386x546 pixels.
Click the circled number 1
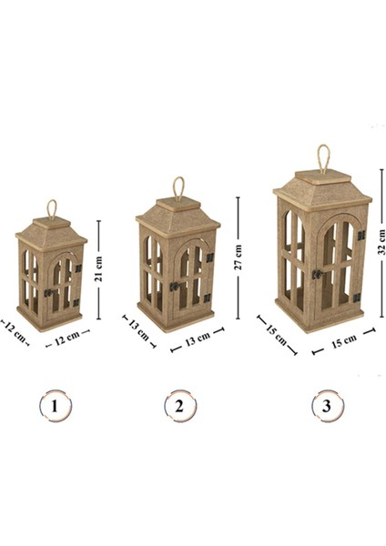coord(55,406)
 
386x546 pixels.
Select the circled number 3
coord(327,406)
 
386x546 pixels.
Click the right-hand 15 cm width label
coord(343,341)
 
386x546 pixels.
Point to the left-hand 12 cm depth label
coord(15,331)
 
